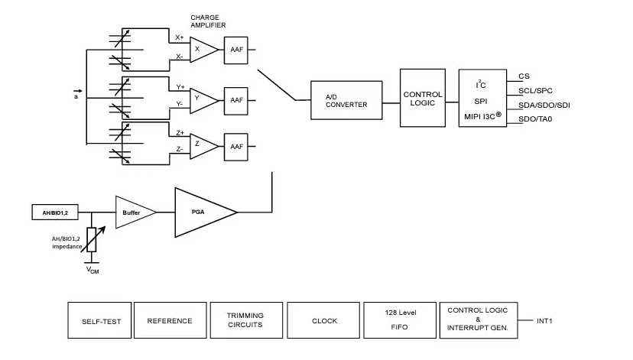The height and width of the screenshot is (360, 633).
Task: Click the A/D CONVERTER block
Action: coord(346,100)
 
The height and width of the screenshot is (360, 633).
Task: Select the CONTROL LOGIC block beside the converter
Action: coord(423,99)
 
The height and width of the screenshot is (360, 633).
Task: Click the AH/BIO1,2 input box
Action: coord(55,212)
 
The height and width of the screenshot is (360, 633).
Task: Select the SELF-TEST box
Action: coord(99,321)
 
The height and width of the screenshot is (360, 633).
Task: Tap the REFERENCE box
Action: coord(170,321)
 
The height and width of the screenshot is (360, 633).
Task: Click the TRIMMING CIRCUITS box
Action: coord(245,321)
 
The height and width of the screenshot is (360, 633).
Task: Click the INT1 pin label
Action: coord(544,320)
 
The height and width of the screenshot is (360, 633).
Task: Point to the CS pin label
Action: coord(524,76)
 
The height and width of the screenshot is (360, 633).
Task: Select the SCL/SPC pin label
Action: coord(535,90)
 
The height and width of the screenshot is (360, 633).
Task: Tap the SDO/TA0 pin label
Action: coord(535,118)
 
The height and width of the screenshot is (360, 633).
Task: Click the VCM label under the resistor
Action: coord(92,271)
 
